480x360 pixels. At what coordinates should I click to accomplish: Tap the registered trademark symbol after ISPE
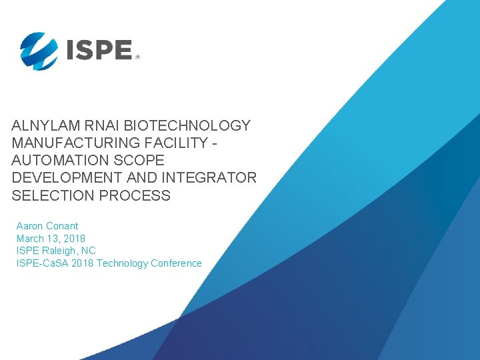click(x=138, y=58)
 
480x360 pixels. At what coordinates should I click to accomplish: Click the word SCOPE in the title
click(x=139, y=161)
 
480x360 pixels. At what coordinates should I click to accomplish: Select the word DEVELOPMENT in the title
click(x=67, y=178)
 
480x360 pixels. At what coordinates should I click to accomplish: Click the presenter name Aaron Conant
click(x=47, y=226)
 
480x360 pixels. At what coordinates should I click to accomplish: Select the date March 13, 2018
click(x=51, y=238)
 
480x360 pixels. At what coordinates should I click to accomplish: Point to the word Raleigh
click(x=61, y=251)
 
